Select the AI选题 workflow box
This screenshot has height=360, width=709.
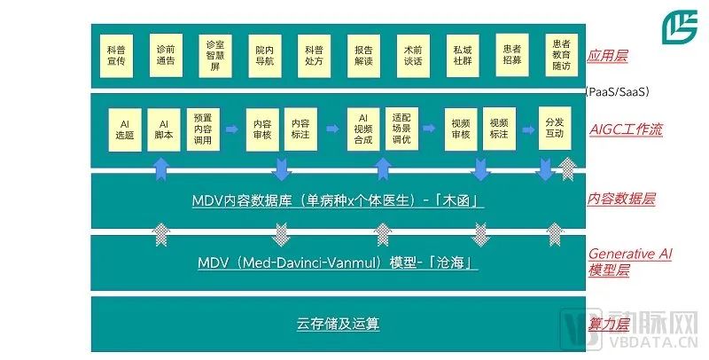tap(125, 129)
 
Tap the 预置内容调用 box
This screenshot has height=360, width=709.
tap(202, 129)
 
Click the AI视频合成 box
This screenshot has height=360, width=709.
tap(362, 129)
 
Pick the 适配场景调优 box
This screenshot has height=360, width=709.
tap(402, 129)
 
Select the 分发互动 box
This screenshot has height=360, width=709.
tap(554, 129)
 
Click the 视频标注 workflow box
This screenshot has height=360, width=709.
tap(500, 129)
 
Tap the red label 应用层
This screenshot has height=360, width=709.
tap(608, 56)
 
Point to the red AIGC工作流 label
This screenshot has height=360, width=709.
tap(627, 129)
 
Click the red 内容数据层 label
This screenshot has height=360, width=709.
tap(621, 199)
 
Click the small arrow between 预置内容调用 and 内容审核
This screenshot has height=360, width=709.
tap(231, 129)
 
